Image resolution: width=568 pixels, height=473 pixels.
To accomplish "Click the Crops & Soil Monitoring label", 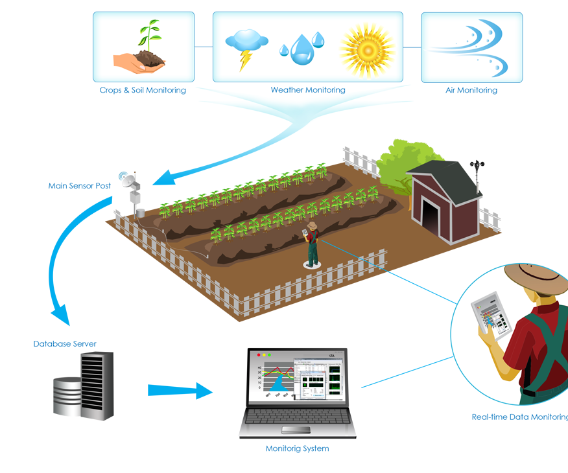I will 143,90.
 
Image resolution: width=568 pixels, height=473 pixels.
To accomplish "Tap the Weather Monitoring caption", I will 308,90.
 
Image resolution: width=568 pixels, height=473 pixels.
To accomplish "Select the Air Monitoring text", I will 471,90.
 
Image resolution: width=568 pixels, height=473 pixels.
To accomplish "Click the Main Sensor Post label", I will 80,186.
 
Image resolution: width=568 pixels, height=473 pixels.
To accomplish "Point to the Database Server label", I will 65,344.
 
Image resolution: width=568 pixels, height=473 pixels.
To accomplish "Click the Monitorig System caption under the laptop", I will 297,448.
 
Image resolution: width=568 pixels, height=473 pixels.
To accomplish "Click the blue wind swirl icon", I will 473,47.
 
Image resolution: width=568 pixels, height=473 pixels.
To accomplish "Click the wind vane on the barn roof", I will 477,170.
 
